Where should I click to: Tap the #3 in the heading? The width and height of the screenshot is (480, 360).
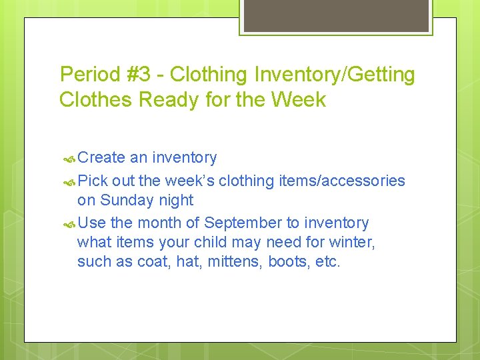[x=141, y=75]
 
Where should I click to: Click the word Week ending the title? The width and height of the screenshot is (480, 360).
[x=299, y=100]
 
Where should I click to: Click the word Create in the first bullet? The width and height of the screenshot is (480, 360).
[x=101, y=158]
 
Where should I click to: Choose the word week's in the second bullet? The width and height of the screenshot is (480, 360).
[x=190, y=181]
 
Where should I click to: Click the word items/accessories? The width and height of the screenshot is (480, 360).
[x=345, y=181]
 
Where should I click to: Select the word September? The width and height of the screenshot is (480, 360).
[x=244, y=223]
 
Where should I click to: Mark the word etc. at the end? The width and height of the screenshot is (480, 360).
[x=328, y=261]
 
